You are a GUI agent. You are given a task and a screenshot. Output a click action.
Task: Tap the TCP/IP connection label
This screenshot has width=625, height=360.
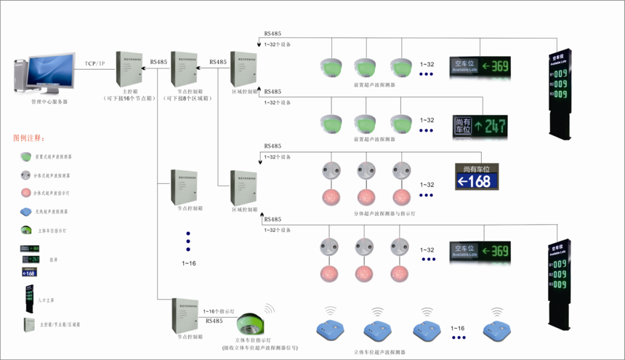[95, 64]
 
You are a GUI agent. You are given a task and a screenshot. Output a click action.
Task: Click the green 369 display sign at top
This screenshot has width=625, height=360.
[480, 66]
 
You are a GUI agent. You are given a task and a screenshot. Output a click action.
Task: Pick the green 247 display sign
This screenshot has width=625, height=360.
[480, 127]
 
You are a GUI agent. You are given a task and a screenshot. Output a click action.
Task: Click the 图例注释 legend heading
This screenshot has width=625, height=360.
[29, 138]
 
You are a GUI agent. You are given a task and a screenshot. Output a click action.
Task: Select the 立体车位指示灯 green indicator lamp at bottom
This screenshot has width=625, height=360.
[251, 323]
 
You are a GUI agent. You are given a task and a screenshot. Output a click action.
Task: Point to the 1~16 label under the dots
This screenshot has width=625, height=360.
[188, 263]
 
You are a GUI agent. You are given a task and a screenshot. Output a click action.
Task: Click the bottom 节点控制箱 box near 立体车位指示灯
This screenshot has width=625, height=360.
[185, 314]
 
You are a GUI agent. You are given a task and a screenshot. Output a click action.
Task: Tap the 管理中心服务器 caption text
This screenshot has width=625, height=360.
[49, 102]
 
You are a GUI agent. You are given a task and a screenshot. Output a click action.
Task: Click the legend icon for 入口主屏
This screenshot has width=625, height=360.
[29, 298]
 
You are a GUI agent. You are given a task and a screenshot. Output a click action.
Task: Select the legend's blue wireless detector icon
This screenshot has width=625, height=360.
[26, 212]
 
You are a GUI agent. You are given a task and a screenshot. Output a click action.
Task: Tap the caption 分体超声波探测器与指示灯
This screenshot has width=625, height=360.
[384, 215]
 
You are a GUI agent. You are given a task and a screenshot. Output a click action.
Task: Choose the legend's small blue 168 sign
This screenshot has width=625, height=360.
[29, 273]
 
